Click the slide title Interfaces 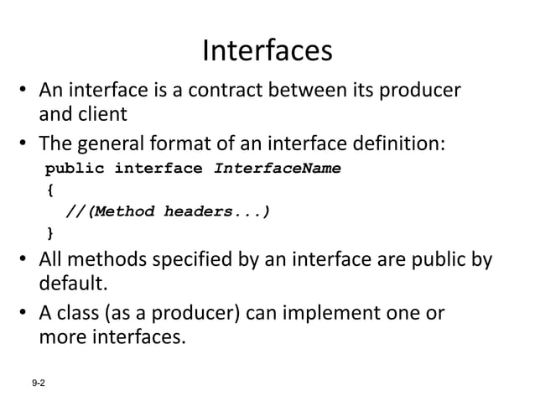point(267,51)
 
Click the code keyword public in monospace point(75,168)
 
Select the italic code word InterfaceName point(278,168)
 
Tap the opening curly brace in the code point(49,190)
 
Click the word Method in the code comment point(121,211)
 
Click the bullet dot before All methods point(26,259)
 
